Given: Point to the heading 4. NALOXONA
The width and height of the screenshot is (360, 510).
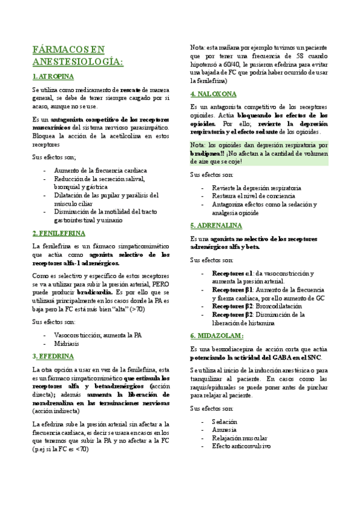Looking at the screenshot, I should coord(213,94).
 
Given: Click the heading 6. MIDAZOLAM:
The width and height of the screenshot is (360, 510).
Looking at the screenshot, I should coord(216,335).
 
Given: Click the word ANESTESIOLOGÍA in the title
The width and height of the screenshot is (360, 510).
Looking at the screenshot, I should coord(77,61).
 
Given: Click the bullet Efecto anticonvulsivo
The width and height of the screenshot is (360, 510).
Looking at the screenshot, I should coord(241,430).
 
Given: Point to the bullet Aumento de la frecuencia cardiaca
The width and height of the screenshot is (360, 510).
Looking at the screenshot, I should coord(96,170).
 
